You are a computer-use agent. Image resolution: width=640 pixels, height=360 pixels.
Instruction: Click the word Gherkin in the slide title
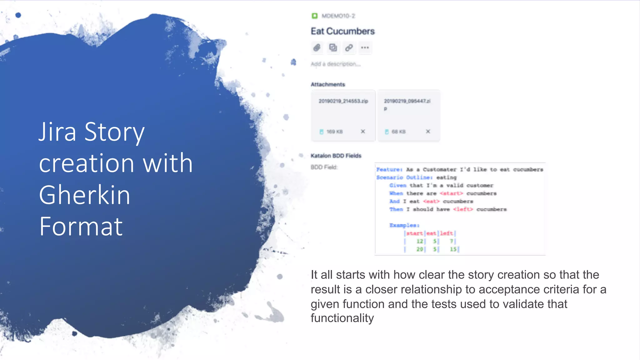click(x=84, y=195)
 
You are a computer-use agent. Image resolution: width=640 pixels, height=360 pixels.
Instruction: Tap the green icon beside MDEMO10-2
click(x=314, y=16)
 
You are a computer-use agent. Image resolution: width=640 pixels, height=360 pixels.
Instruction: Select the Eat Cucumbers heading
click(x=342, y=31)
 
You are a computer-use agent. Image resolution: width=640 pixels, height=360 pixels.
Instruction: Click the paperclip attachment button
click(x=317, y=48)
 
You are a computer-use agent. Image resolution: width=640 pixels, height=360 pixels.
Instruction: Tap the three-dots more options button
click(x=365, y=48)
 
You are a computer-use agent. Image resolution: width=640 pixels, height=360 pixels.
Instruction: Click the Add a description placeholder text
click(x=336, y=64)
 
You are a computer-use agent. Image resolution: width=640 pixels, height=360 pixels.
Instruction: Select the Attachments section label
click(x=328, y=84)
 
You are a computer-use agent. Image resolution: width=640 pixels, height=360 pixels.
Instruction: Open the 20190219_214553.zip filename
click(x=343, y=101)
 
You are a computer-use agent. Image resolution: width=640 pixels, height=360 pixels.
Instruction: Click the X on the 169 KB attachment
click(x=363, y=132)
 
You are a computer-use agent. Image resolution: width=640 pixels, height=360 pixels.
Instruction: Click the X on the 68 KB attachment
click(x=428, y=132)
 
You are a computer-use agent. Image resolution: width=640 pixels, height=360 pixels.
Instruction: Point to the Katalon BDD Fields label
click(x=336, y=156)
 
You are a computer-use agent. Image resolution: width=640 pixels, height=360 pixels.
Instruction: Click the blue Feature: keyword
click(x=389, y=169)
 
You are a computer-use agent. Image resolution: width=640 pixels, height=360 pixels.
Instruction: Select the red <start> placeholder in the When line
click(x=451, y=193)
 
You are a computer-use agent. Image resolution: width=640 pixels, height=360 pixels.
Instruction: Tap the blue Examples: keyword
click(x=404, y=225)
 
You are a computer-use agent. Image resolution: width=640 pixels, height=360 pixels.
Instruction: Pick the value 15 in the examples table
click(x=453, y=249)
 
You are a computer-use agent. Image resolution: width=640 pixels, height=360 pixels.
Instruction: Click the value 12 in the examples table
click(x=419, y=241)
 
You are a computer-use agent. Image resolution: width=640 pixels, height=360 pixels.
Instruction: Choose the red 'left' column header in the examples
click(x=447, y=233)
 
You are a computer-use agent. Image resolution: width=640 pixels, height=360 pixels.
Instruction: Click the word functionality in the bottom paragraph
click(x=342, y=318)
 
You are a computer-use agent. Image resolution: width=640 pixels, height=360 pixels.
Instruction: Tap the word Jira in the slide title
click(x=57, y=132)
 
